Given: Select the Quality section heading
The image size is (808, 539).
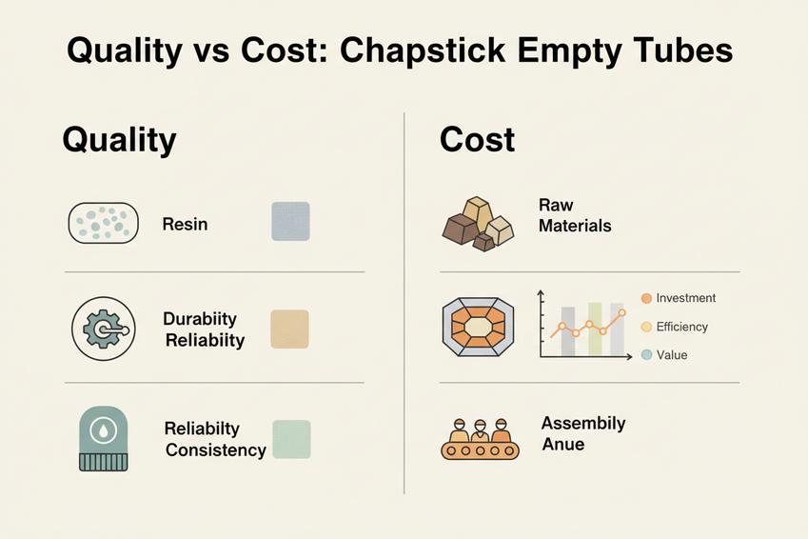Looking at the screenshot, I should point(119,140).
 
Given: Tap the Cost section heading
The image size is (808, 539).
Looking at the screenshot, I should point(477,140).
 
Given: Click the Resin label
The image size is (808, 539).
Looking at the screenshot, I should point(185,225).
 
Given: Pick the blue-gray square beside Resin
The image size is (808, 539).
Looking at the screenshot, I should point(290,221).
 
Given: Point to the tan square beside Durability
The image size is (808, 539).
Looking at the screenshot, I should point(289,329).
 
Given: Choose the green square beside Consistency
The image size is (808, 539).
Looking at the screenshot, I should point(291,439).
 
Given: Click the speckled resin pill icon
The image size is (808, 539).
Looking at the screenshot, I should point(103,224).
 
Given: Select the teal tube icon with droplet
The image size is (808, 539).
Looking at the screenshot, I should point(102,438).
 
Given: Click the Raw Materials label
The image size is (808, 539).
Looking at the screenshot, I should point(574,216).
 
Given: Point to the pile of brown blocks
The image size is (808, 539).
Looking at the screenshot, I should point(479,224).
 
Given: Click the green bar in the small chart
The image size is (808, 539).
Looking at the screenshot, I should point(595,329).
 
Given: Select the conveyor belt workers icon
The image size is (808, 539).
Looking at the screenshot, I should point(481,439).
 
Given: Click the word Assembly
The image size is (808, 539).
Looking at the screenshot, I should point(583,424).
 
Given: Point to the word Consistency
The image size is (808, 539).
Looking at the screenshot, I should point(216,449).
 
